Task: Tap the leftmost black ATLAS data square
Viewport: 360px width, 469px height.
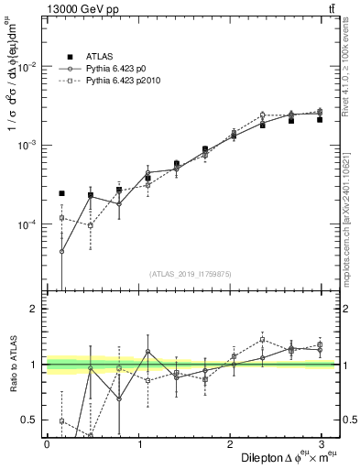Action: pyautogui.click(x=61, y=193)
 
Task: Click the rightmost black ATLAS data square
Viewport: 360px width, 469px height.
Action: pyautogui.click(x=320, y=119)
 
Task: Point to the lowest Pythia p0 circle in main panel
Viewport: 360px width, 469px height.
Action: pyautogui.click(x=61, y=251)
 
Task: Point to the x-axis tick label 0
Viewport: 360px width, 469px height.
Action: pyautogui.click(x=47, y=443)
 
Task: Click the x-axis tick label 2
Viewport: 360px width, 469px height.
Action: pyautogui.click(x=229, y=443)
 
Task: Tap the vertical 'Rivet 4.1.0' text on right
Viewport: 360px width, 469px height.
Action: pyautogui.click(x=349, y=64)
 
